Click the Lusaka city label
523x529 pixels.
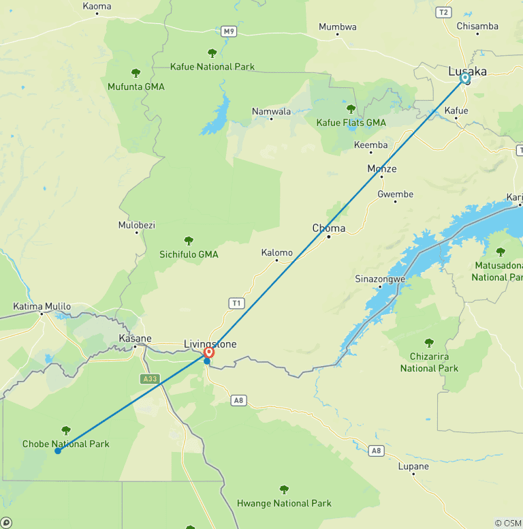coord(467,71)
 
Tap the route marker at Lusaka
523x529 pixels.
coord(465,78)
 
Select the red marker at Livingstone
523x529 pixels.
coord(209,352)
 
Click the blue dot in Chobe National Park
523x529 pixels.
coord(58,451)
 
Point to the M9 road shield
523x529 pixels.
coord(228,31)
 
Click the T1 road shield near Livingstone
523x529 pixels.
coord(236,303)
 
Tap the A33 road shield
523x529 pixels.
coord(150,379)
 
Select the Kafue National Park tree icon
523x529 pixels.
coord(212,53)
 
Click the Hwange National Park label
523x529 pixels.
coord(284,503)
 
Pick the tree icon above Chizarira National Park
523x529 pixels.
coord(429,343)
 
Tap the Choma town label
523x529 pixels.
coord(328,228)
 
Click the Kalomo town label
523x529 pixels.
coord(277,253)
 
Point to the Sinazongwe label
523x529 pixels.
coord(381,279)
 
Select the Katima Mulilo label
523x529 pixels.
coord(42,307)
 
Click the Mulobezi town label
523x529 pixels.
coord(137,224)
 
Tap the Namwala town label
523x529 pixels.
coord(271,112)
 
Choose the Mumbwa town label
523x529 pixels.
coord(338,27)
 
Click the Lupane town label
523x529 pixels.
coord(413,467)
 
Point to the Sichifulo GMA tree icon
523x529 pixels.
coord(189,241)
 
